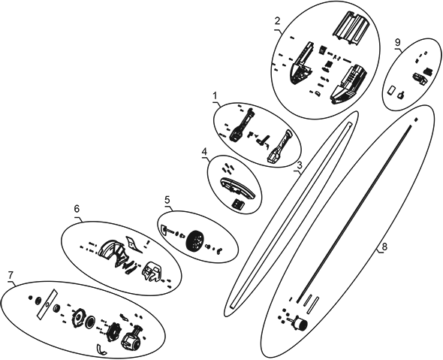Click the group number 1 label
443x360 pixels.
tap(215, 96)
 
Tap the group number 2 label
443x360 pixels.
tap(278, 21)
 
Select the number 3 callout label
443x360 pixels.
tap(300, 165)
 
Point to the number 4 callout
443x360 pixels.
tap(205, 151)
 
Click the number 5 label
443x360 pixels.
tap(167, 200)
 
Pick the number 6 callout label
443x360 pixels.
tap(77, 209)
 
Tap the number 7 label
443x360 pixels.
tap(11, 274)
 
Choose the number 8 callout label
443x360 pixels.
tap(384, 247)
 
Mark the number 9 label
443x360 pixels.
tap(397, 42)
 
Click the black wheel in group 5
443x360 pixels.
tap(195, 242)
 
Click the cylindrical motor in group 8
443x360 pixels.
tap(299, 323)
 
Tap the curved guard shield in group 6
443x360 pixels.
tap(113, 252)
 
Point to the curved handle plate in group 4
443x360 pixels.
tap(237, 189)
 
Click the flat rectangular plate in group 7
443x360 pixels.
tap(47, 304)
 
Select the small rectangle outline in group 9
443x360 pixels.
tap(392, 91)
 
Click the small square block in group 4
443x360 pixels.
tap(238, 204)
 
